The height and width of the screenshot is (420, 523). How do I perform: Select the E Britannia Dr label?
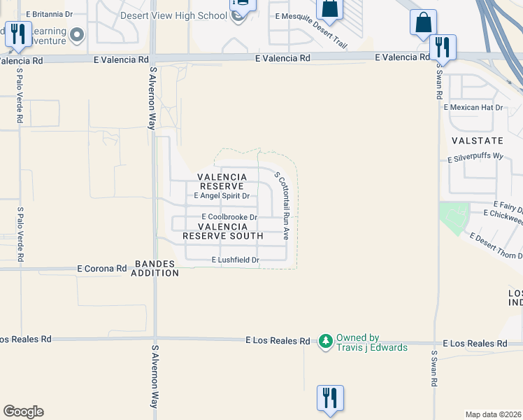[50, 13]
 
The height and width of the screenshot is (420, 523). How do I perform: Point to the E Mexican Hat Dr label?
[473, 107]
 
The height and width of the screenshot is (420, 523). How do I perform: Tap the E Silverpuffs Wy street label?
[475, 158]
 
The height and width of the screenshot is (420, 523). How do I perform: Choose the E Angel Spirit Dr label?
[222, 196]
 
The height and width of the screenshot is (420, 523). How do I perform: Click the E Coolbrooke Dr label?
[230, 217]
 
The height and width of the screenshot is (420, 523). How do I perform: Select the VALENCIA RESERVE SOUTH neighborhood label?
[223, 232]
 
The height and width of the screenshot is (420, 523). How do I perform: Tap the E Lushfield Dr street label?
[236, 260]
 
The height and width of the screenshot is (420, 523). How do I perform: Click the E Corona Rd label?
[102, 268]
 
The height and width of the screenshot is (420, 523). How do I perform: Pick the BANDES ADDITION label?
[155, 268]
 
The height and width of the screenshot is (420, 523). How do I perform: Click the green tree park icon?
[325, 342]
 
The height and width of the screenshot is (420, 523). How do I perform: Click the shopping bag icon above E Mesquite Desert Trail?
[328, 8]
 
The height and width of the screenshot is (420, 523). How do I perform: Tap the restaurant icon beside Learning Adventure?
[17, 34]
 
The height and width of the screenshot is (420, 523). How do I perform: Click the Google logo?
[23, 412]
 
